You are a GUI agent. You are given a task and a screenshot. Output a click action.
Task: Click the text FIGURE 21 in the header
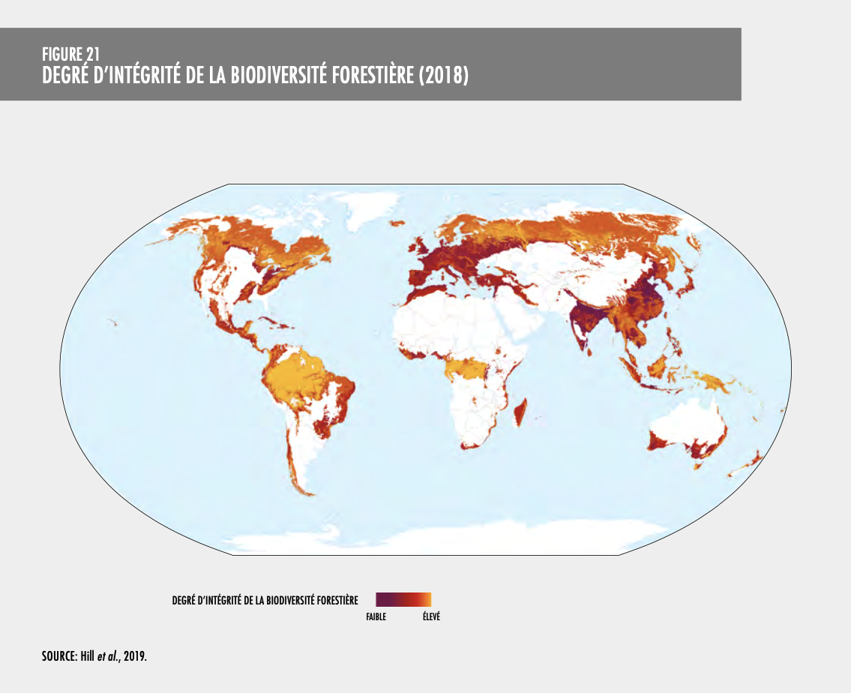tap(71, 53)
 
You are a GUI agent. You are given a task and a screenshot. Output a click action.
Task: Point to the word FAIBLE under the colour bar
tap(376, 617)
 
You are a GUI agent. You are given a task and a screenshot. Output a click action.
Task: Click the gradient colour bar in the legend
tap(403, 599)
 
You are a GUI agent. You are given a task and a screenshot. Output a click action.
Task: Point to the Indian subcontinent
tap(581, 322)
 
